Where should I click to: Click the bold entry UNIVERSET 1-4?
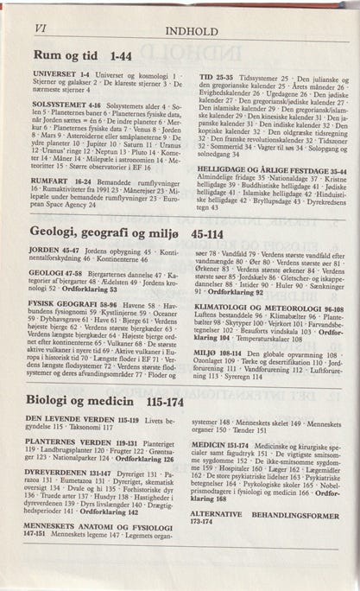[x=60, y=76]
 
